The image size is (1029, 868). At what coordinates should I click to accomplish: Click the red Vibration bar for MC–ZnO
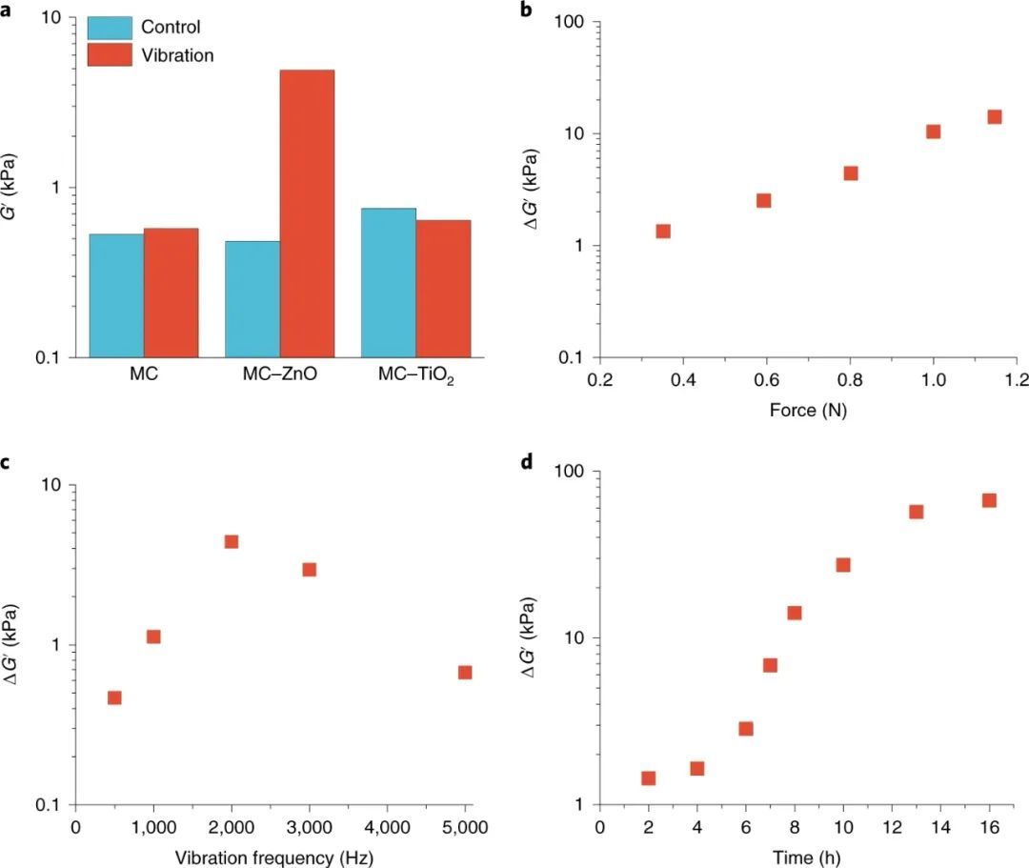pyautogui.click(x=307, y=212)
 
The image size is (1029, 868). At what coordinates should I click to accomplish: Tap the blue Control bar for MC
pyautogui.click(x=116, y=295)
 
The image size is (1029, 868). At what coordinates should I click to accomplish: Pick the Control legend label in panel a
pyautogui.click(x=171, y=27)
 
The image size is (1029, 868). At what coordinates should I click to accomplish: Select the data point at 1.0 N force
pyautogui.click(x=933, y=131)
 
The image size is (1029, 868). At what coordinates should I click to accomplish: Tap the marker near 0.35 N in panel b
pyautogui.click(x=663, y=231)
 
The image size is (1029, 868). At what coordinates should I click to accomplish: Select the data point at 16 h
pyautogui.click(x=989, y=500)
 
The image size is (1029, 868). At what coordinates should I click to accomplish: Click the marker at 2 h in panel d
pyautogui.click(x=648, y=778)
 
